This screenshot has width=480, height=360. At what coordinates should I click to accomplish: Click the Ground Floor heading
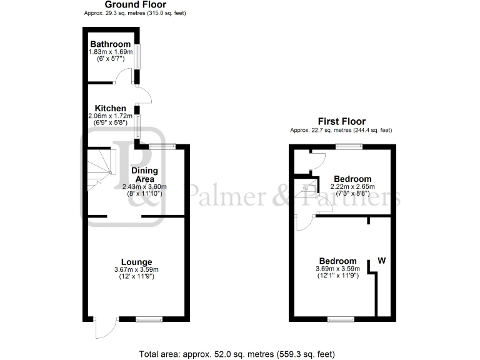135,4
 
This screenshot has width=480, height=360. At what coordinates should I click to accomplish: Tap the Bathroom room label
110,44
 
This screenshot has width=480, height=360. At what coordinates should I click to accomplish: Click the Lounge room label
137,261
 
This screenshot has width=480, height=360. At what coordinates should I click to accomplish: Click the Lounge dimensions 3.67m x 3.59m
137,269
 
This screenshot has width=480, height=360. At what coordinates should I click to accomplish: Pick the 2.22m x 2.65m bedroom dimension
352,187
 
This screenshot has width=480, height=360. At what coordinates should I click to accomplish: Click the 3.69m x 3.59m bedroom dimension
338,269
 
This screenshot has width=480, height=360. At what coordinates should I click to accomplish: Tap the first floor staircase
306,190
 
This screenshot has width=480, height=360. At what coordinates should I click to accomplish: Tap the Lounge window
149,319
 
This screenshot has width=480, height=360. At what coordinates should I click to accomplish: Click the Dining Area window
162,147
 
